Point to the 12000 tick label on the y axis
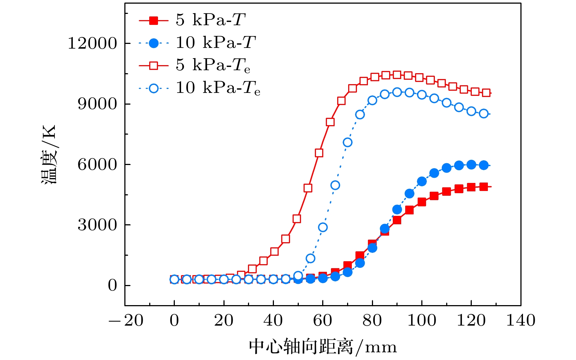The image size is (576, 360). tap(92, 44)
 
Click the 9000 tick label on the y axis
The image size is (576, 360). tap(97, 104)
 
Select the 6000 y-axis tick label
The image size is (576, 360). tap(97, 165)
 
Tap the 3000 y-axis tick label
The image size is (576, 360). tap(97, 225)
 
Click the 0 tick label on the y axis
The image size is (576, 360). tap(112, 285)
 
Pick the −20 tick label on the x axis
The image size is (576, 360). tap(126, 320)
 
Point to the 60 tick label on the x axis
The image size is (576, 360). tap(323, 320)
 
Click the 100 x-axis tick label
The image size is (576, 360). tap(422, 320)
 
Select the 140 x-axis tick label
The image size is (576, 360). tap(520, 320)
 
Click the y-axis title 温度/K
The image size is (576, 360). tap(49, 154)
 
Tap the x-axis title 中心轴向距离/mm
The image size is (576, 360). tap(323, 347)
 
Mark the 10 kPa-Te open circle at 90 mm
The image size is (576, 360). tap(397, 92)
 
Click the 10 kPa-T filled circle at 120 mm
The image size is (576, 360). tap(471, 165)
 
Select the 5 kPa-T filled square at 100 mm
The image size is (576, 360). tap(422, 202)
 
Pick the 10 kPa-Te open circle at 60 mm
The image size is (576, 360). tap(323, 227)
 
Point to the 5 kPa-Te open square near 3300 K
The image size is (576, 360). tap(297, 219)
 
